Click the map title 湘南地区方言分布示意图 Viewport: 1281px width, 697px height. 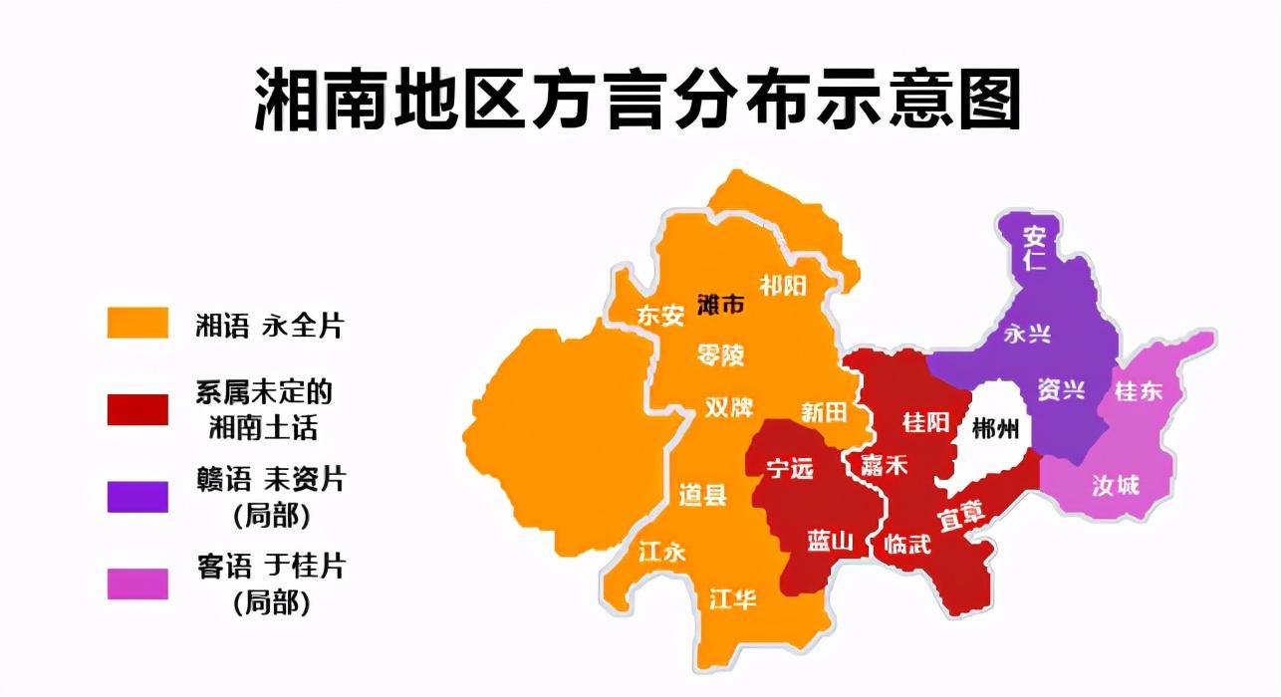(639, 101)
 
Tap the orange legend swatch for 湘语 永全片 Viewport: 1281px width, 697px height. (137, 324)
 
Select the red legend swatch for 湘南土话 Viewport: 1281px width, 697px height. (137, 409)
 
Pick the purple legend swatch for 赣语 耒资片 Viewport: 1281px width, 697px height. (137, 496)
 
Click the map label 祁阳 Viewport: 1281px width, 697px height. (783, 286)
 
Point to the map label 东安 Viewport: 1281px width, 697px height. (661, 316)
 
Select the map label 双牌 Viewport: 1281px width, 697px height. (729, 408)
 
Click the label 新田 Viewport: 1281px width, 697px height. (824, 411)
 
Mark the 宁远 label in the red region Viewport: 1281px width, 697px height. (789, 468)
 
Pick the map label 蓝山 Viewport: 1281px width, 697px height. (830, 541)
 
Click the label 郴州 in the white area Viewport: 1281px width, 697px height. (995, 429)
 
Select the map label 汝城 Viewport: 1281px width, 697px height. (1116, 486)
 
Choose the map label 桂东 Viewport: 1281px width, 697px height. (1139, 391)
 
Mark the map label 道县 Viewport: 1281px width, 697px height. (703, 494)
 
